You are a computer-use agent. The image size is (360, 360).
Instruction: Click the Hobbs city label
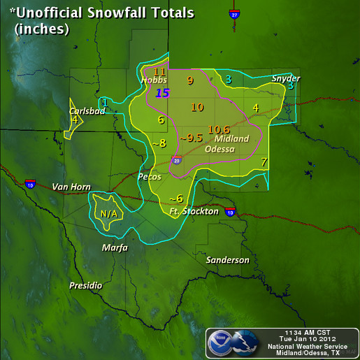pyautogui.click(x=154, y=80)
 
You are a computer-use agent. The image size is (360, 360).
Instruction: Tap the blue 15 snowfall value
pyautogui.click(x=162, y=92)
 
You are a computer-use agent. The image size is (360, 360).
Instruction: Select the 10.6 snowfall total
pyautogui.click(x=219, y=129)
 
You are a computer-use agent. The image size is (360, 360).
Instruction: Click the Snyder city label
pyautogui.click(x=286, y=78)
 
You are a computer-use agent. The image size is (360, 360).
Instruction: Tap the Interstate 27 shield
pyautogui.click(x=234, y=14)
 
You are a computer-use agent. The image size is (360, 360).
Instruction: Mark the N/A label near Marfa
pyautogui.click(x=108, y=213)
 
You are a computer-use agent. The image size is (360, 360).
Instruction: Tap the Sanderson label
pyautogui.click(x=228, y=260)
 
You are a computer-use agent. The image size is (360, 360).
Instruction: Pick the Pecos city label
pyautogui.click(x=150, y=177)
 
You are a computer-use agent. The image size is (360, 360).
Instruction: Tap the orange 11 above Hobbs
pyautogui.click(x=159, y=71)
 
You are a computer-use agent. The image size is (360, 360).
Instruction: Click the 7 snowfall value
pyautogui.click(x=264, y=162)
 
